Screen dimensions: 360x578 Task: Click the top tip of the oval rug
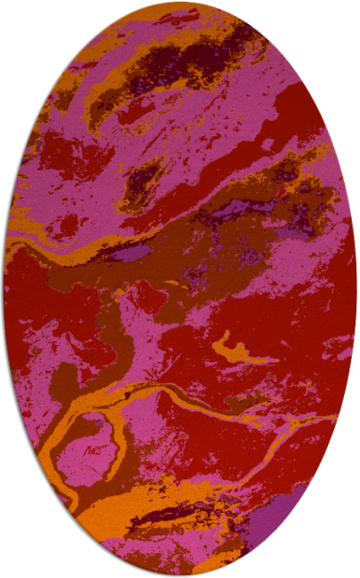click(180, 3)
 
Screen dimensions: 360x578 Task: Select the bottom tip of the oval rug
click(180, 575)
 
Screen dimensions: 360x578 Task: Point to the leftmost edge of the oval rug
click(4, 289)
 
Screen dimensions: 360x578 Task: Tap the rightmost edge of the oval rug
click(356, 289)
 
